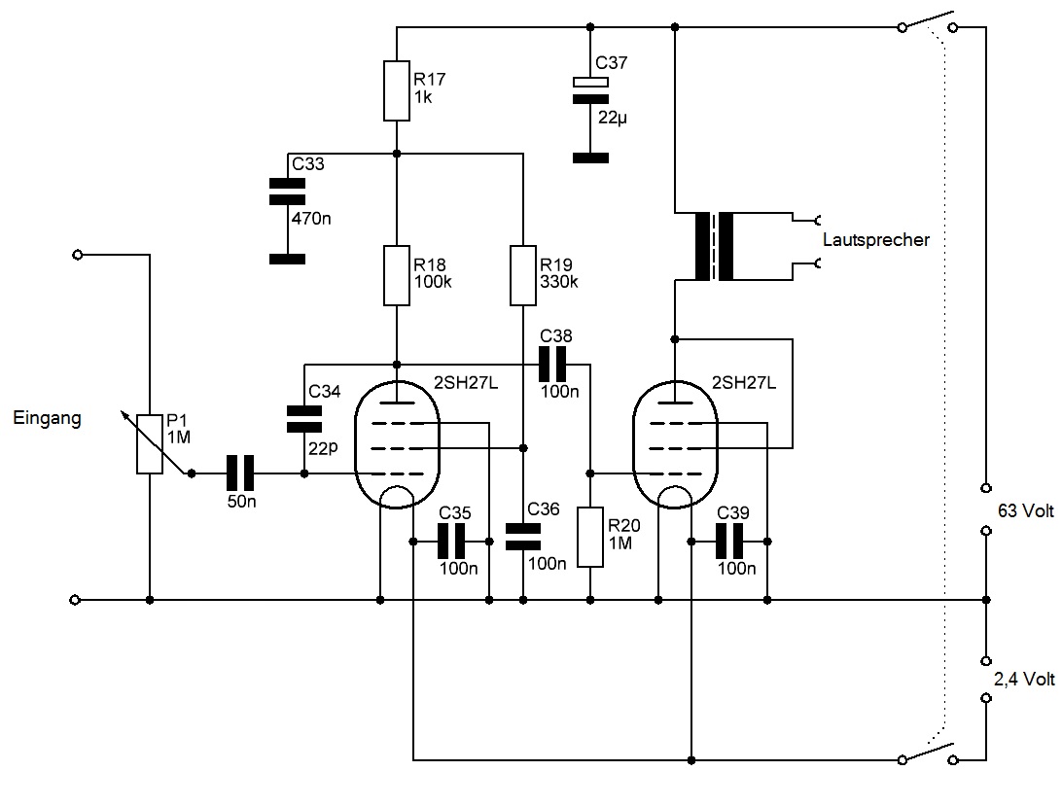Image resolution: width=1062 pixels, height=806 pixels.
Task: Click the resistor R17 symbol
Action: pyautogui.click(x=397, y=90)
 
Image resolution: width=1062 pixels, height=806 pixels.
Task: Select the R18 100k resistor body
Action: pyautogui.click(x=397, y=276)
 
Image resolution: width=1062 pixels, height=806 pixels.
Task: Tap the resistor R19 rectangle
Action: pyautogui.click(x=523, y=276)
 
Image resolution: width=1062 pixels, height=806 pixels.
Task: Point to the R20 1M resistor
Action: pyautogui.click(x=590, y=537)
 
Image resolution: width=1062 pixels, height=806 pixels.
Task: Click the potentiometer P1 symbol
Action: pyautogui.click(x=149, y=443)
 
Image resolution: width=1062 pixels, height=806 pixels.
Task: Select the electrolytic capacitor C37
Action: pyautogui.click(x=589, y=89)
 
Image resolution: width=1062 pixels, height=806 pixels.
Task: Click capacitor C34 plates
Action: pyautogui.click(x=303, y=419)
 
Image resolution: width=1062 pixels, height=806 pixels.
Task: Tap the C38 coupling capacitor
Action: pyautogui.click(x=555, y=364)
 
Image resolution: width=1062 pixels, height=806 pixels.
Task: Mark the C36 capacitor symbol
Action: pyautogui.click(x=523, y=536)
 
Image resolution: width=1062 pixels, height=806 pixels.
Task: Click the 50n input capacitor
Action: pyautogui.click(x=239, y=473)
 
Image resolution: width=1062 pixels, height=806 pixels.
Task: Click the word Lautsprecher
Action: pyautogui.click(x=874, y=239)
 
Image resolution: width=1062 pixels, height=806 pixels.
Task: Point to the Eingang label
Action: pyautogui.click(x=48, y=419)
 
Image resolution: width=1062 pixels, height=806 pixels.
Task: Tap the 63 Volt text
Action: pyautogui.click(x=1025, y=508)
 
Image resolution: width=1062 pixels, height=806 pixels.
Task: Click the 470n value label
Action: pyautogui.click(x=311, y=218)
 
